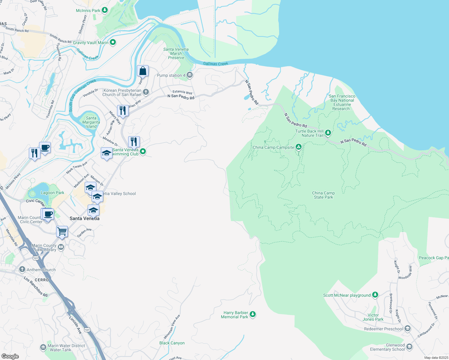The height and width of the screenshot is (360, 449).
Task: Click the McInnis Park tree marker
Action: click(x=105, y=10)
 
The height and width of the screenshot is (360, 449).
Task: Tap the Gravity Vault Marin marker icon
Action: click(x=113, y=43)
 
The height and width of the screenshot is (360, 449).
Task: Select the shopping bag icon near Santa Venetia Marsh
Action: click(x=143, y=71)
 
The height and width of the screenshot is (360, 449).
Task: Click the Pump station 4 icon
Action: click(x=189, y=75)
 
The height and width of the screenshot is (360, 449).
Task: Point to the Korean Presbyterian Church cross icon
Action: click(x=146, y=92)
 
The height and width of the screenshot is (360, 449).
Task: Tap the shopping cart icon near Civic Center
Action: click(x=62, y=231)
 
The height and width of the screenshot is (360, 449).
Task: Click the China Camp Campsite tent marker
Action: click(x=298, y=147)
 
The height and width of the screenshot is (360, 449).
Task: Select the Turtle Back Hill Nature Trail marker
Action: click(x=328, y=133)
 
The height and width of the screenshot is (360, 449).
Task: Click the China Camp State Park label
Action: click(x=323, y=195)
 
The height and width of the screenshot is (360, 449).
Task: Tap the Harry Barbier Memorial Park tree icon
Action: click(x=253, y=314)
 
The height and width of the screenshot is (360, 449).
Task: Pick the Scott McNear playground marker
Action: click(x=375, y=295)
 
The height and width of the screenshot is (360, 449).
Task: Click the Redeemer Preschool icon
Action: click(x=407, y=329)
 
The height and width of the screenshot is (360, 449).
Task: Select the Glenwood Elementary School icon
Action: click(x=409, y=347)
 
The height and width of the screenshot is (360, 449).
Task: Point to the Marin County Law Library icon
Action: click(x=61, y=247)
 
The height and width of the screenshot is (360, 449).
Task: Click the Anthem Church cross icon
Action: click(x=22, y=269)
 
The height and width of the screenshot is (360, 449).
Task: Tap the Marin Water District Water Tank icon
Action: click(x=43, y=347)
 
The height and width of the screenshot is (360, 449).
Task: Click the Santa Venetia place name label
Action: click(x=84, y=218)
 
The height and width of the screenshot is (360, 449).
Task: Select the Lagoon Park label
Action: click(x=53, y=193)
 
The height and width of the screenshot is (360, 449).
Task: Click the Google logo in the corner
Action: click(x=10, y=356)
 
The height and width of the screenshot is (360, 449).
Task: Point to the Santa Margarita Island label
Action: click(x=91, y=122)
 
